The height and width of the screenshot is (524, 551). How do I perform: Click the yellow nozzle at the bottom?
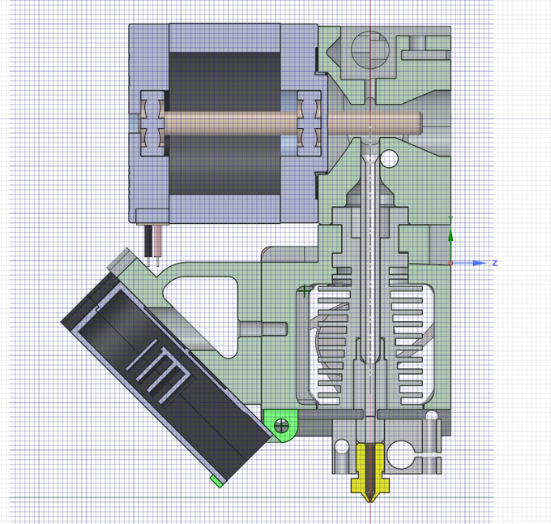tap(369, 471)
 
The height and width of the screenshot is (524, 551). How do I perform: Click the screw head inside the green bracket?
tap(281, 426)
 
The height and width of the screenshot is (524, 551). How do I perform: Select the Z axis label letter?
tap(495, 263)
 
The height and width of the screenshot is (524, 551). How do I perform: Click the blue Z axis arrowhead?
tap(480, 263)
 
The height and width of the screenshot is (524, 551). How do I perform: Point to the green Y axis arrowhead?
tap(451, 234)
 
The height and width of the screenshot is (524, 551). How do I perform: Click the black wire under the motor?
tap(148, 241)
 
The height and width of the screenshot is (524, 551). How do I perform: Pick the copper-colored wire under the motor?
tap(157, 241)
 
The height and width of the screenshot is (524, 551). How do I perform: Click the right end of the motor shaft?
tap(421, 123)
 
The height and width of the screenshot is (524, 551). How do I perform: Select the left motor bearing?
tap(152, 123)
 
